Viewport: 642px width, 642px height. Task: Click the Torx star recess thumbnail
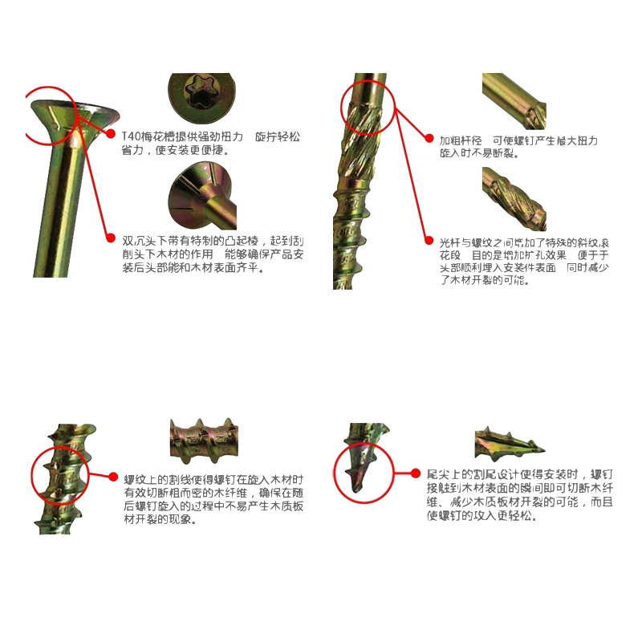pos(202,95)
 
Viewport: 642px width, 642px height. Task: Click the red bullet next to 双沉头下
pos(112,238)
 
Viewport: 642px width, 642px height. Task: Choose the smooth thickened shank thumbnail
pos(514,100)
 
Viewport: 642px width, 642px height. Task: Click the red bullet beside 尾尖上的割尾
pos(416,473)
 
